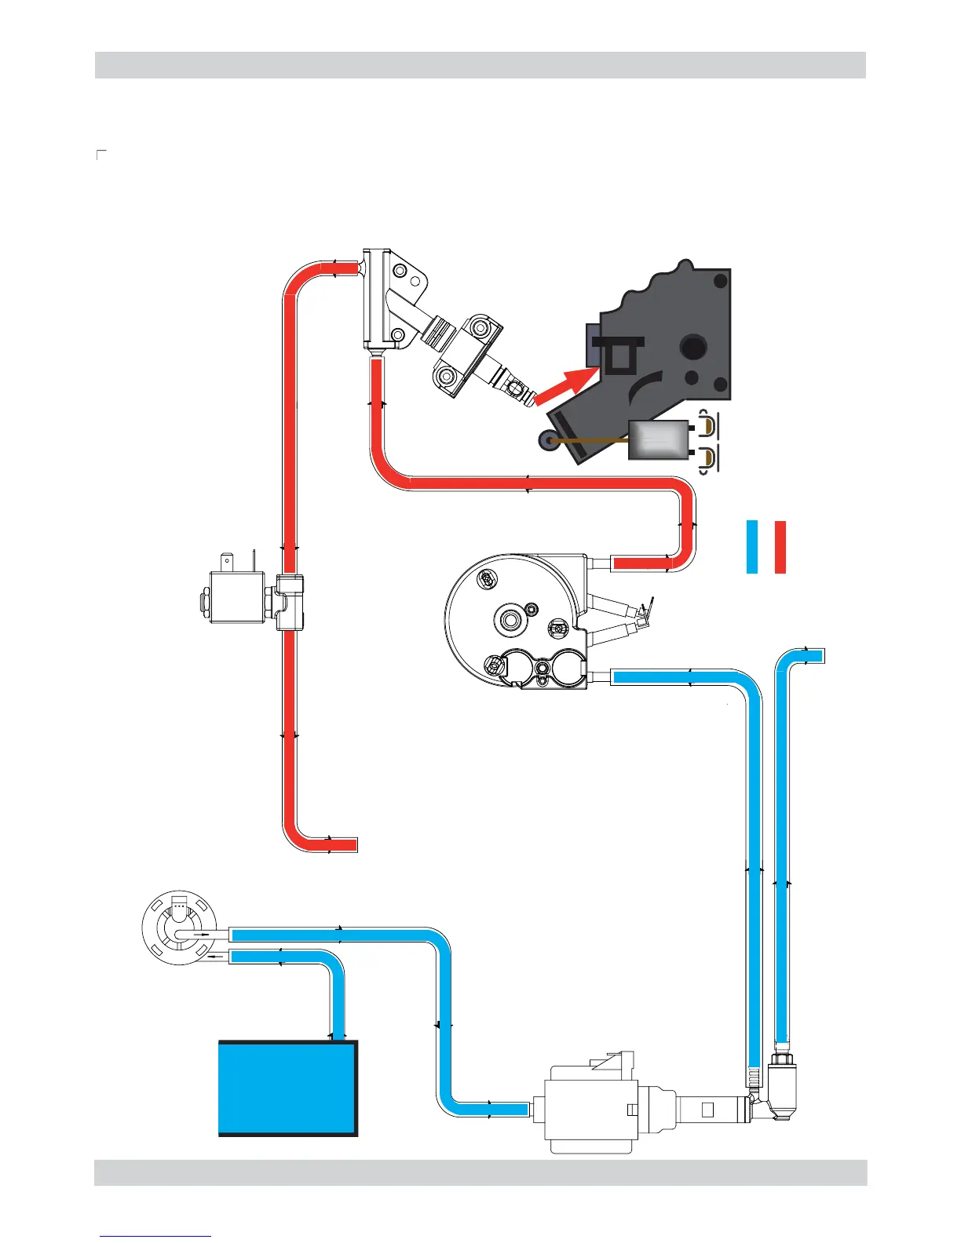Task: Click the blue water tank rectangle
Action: pos(287,1088)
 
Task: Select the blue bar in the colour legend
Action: pos(752,546)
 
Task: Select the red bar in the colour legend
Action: pos(780,546)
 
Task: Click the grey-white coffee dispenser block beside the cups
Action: pos(658,440)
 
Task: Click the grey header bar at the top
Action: pos(480,65)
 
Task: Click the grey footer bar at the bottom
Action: pos(480,1172)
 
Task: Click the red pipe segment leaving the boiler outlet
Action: pos(640,563)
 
